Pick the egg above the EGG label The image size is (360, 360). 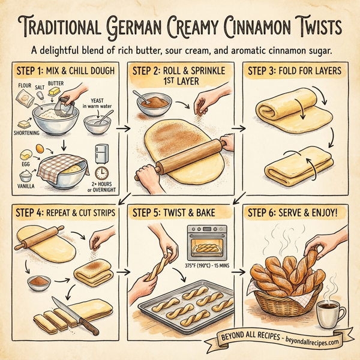[x=37, y=148]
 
